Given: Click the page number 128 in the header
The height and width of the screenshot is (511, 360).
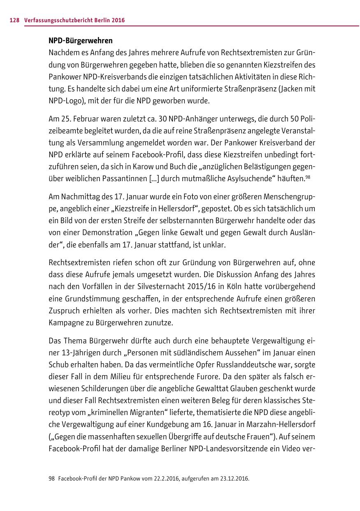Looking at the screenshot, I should coord(14,20).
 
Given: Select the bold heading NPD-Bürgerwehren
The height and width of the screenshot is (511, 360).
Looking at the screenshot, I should coord(81,41).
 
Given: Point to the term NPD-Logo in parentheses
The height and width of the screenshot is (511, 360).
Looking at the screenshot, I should coord(64,101).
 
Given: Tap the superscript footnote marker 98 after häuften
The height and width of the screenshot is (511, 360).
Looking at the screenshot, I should coord(308,177).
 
